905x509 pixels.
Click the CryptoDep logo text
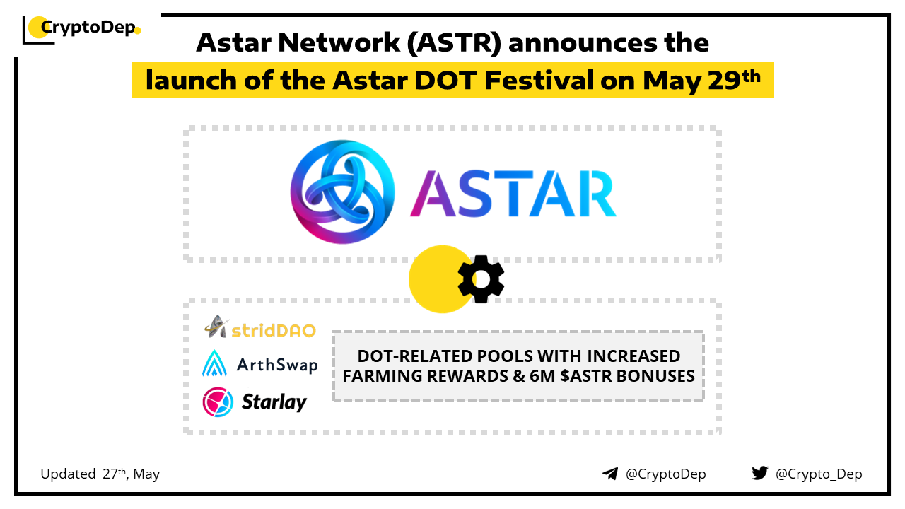pos(88,28)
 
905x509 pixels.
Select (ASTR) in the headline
pos(454,43)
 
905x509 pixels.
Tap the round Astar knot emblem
pos(343,192)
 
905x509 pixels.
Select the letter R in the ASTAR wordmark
pos(597,194)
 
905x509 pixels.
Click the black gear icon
pos(481,279)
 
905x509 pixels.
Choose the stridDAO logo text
pos(273,330)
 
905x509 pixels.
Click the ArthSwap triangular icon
pos(214,363)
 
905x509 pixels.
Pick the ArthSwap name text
pos(277,365)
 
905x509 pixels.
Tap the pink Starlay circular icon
pos(218,402)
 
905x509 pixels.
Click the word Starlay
pos(274,402)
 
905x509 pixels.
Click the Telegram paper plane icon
pos(610,474)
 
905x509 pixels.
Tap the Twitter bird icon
pos(760,473)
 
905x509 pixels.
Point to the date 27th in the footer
pos(115,474)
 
